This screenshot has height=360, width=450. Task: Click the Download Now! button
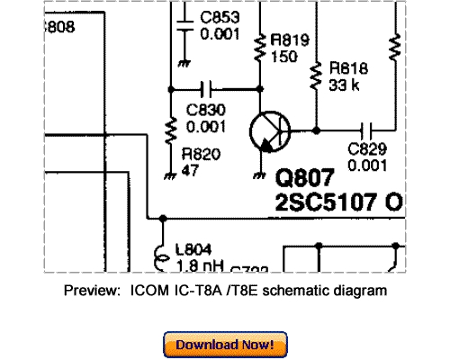(x=225, y=345)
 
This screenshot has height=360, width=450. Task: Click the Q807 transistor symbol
(x=267, y=132)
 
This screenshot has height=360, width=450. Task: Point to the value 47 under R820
(x=190, y=168)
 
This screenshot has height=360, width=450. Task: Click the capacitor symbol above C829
(x=367, y=130)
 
